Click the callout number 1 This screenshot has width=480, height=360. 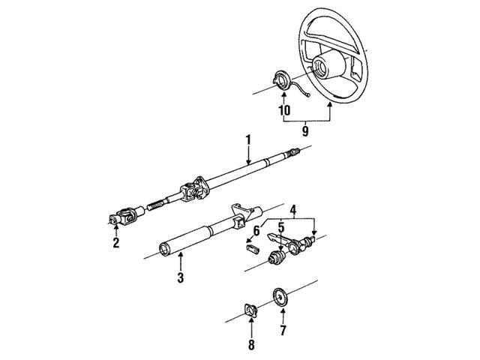coord(247,139)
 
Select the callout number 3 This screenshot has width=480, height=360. coord(180,279)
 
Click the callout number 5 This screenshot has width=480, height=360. coord(280,225)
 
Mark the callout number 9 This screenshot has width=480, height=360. coord(305,130)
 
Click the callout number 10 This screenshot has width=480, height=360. coord(283,111)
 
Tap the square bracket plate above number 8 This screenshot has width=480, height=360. coord(251,310)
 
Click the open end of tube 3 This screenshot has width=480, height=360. coord(165,250)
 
